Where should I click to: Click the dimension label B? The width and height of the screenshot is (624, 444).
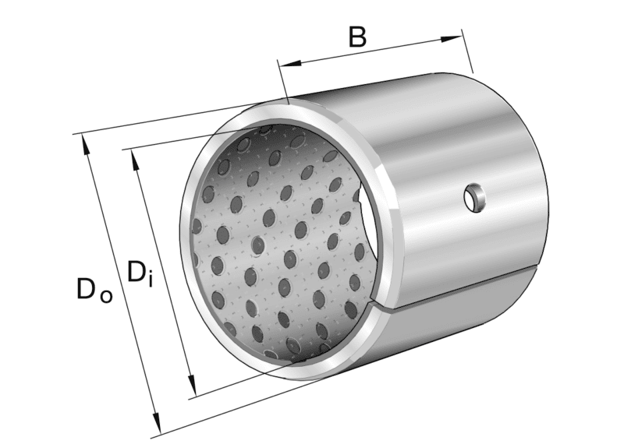pos(357,37)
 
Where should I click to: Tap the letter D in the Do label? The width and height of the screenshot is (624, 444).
pos(87,289)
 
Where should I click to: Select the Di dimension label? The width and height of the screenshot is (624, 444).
pos(139,273)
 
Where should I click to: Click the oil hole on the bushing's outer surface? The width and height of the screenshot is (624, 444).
pos(473,198)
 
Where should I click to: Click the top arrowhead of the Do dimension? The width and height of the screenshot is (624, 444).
pos(84,143)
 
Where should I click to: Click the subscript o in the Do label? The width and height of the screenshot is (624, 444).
pos(106,296)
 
